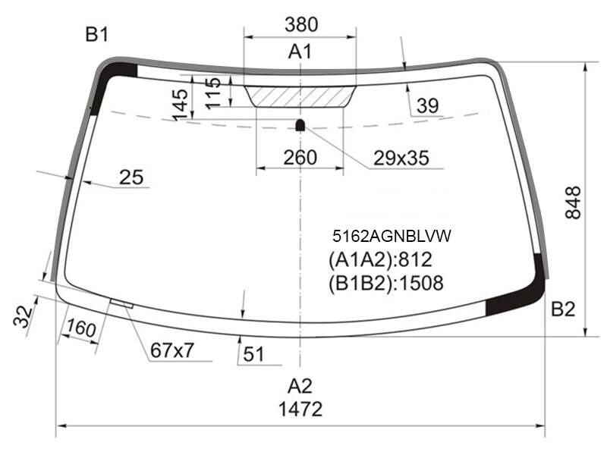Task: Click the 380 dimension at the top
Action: click(x=301, y=24)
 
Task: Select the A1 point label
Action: click(x=300, y=52)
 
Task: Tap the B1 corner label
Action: click(x=97, y=34)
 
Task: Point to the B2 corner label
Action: click(x=563, y=309)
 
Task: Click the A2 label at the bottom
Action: click(x=300, y=386)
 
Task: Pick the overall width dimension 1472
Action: click(x=300, y=409)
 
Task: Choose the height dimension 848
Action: click(x=574, y=202)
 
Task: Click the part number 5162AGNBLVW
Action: click(x=392, y=236)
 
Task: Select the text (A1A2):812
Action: click(x=380, y=259)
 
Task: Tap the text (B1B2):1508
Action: click(x=386, y=283)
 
